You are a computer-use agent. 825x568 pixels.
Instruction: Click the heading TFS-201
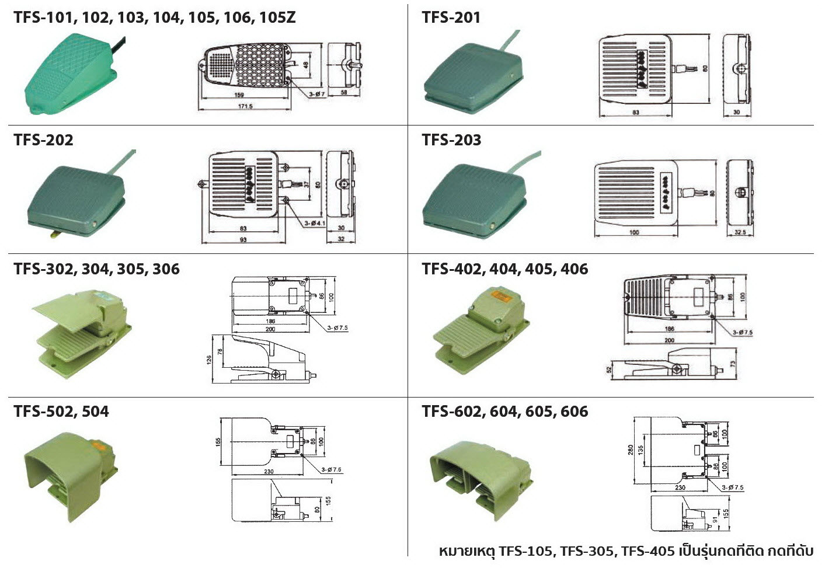tap(451, 18)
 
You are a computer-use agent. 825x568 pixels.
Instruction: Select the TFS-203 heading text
tap(451, 140)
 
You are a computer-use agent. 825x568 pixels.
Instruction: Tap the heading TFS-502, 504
tap(61, 412)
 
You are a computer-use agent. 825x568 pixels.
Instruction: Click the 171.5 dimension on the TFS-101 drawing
tap(245, 107)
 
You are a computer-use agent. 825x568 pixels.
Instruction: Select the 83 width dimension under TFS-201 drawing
tap(635, 112)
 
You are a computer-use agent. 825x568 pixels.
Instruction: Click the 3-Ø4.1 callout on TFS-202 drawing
tap(314, 222)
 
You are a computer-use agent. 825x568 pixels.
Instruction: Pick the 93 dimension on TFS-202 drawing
tap(243, 239)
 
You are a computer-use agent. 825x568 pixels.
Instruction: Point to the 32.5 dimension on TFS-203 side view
tap(739, 232)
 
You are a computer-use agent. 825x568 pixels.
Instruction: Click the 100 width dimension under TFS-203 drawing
tap(635, 232)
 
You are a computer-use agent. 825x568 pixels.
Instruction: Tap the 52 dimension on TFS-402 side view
tap(609, 368)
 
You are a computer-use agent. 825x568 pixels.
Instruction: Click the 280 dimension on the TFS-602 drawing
tap(631, 450)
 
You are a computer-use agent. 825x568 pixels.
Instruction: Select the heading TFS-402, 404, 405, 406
tap(504, 269)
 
